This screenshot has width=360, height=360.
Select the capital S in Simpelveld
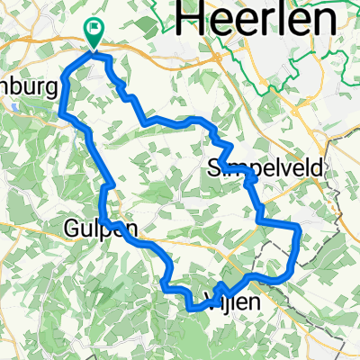213,167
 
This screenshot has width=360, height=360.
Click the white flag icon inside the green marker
94,28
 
